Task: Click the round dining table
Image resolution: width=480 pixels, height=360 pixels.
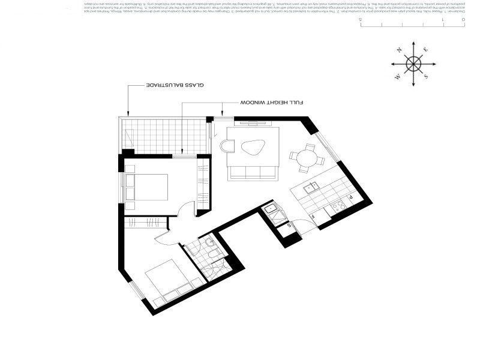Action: tap(307, 157)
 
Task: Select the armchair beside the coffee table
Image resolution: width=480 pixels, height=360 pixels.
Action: tap(227, 146)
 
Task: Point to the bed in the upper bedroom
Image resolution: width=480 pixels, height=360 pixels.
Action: tap(150, 187)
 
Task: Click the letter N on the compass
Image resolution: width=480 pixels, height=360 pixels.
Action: tap(398, 50)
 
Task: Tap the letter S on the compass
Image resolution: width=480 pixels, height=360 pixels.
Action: tap(425, 77)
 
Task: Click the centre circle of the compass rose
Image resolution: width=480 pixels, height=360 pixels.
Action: tap(412, 64)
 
